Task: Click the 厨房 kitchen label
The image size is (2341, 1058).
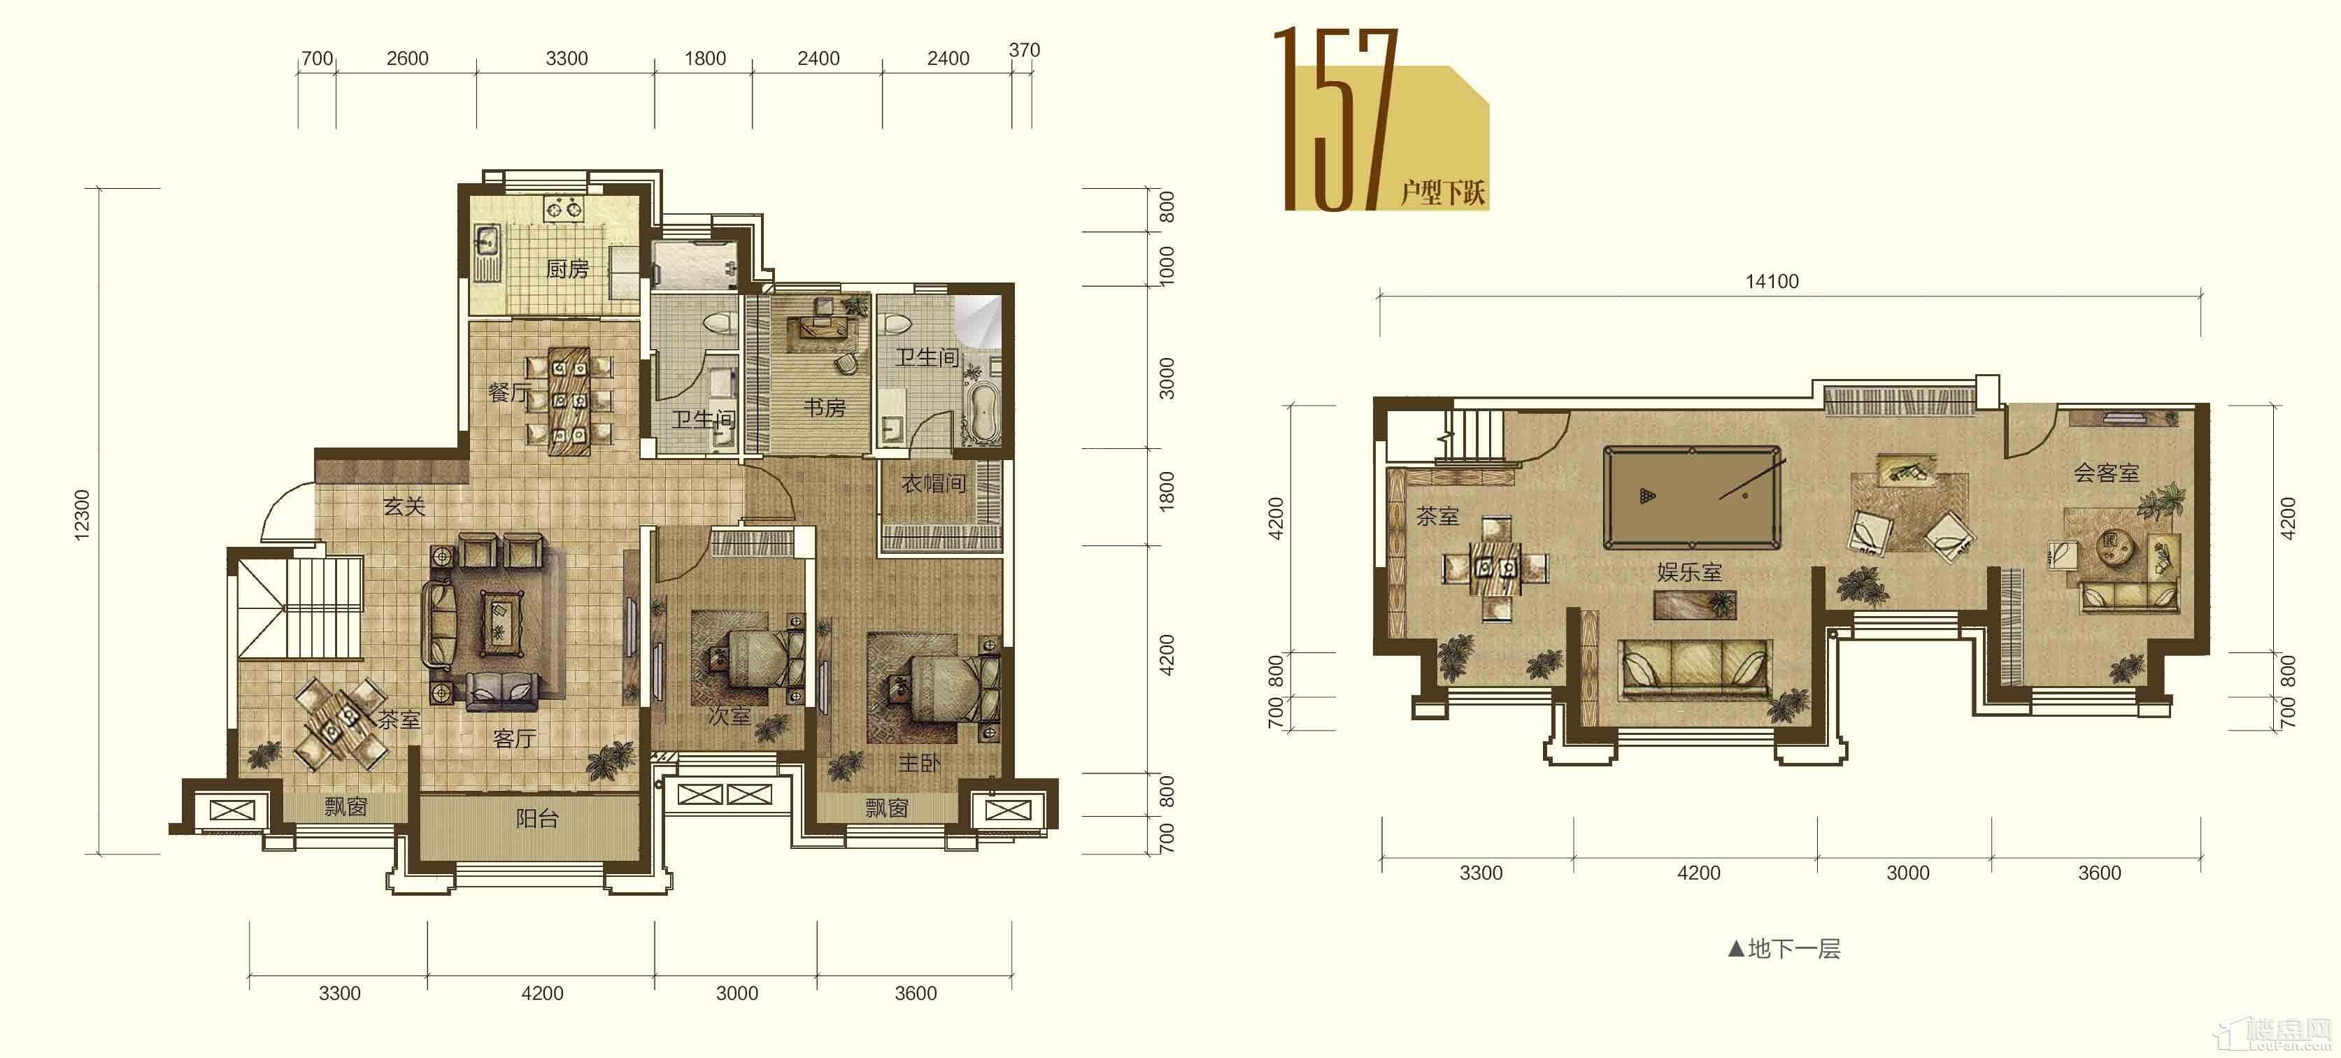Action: coord(567,269)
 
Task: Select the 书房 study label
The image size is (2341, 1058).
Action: coord(824,408)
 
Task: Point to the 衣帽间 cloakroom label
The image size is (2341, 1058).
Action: coord(933,484)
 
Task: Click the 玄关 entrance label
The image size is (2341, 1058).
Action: coord(404,506)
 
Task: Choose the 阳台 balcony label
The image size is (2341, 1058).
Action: coord(537,819)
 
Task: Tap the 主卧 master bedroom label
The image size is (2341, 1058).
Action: coord(920,764)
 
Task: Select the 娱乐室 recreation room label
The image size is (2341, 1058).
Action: coord(1689,573)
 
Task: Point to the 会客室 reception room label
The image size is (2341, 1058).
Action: coord(2107,473)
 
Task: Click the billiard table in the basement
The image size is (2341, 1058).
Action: coord(1691,497)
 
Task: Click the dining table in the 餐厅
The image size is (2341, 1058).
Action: coord(569,400)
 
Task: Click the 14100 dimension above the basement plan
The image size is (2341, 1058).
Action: coord(1771,282)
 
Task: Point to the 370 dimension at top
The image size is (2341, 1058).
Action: coord(1024,50)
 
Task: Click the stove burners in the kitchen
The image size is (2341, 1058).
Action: coord(564,209)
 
